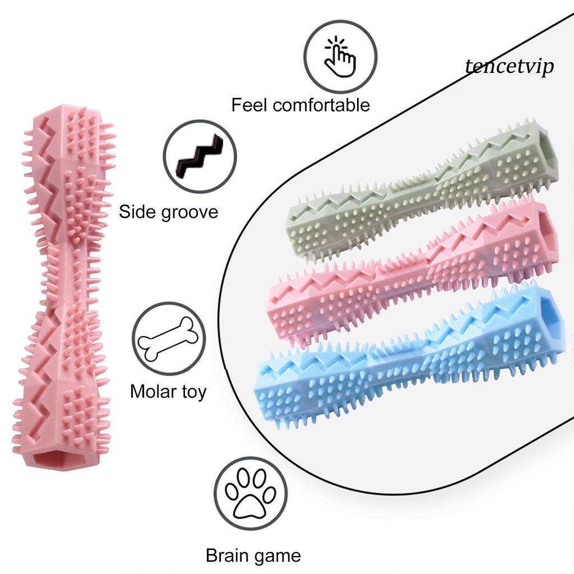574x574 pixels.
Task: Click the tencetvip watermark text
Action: [510, 67]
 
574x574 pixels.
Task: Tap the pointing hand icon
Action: [340, 56]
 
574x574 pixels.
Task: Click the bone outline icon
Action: [169, 339]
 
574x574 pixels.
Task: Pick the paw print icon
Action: [251, 493]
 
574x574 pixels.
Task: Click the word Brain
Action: [227, 556]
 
